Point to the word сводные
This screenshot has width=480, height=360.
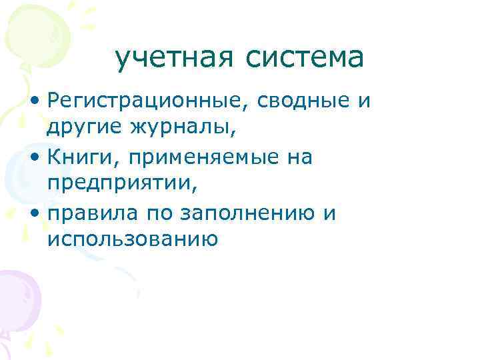point(278,102)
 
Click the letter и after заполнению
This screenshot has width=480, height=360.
point(328,215)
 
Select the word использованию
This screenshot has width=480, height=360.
point(132,238)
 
